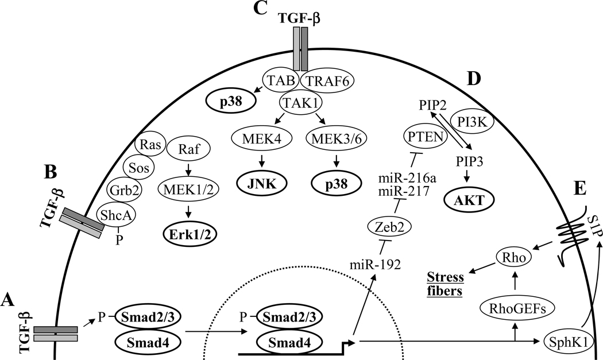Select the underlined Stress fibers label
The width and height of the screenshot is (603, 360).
pos(447,280)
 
